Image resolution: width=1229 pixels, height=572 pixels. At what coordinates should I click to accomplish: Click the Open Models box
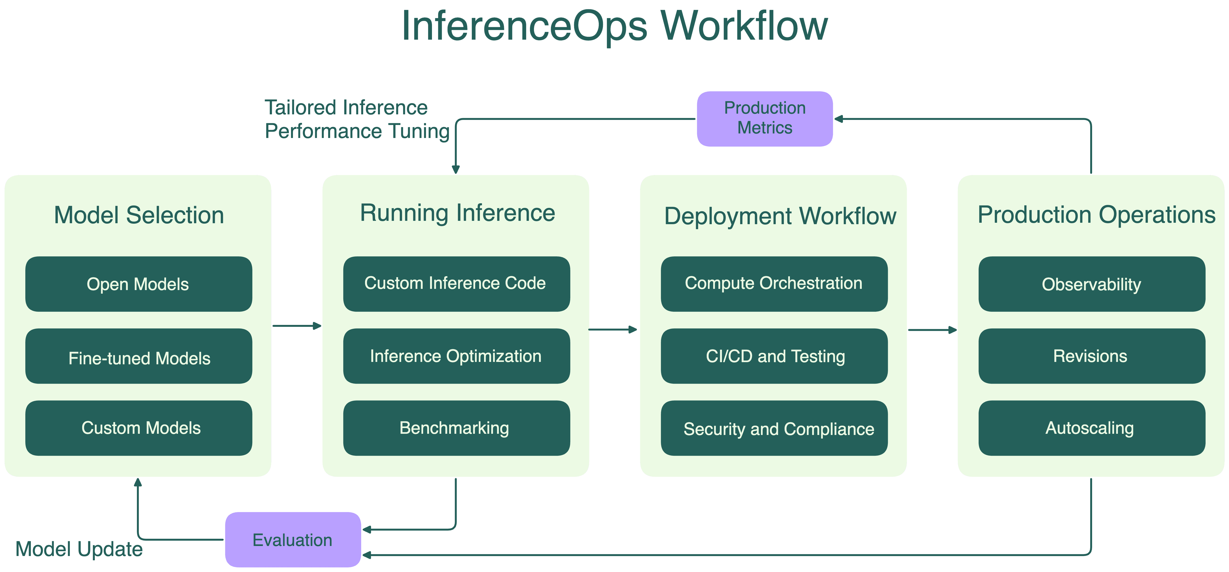tap(138, 284)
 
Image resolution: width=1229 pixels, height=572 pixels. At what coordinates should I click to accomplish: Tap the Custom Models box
tap(138, 428)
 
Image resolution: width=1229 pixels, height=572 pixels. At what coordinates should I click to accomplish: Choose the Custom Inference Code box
tap(456, 284)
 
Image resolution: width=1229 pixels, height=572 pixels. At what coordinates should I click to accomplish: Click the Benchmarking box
tap(456, 428)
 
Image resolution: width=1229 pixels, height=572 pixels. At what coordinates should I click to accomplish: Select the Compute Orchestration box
tap(774, 284)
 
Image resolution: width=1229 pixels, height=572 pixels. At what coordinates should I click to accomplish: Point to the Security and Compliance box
tap(774, 428)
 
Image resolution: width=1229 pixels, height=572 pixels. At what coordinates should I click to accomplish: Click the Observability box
tap(1092, 284)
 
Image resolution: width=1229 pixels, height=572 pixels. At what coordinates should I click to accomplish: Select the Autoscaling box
tap(1092, 428)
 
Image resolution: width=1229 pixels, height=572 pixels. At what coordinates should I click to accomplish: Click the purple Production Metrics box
tap(765, 119)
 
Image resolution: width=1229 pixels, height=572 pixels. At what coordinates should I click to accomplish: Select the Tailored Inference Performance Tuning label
tap(357, 119)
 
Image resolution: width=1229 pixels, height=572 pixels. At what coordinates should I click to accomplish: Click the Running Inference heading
tap(457, 213)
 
